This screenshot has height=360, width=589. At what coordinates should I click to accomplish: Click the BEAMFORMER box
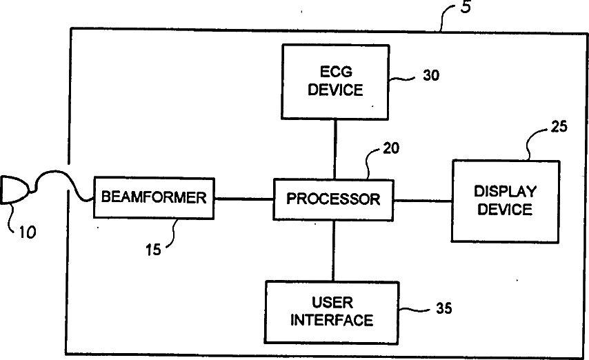tap(154, 198)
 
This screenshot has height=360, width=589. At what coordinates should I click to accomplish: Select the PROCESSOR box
tap(333, 199)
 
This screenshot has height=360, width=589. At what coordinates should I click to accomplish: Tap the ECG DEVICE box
tap(335, 82)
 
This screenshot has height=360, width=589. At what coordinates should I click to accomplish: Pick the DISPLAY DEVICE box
tap(506, 201)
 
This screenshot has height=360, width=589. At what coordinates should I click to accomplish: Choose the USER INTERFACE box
tap(332, 312)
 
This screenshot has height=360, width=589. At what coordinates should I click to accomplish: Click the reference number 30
tap(431, 75)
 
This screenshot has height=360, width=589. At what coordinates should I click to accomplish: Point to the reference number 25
tap(559, 127)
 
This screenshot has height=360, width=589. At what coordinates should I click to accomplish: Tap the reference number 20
tap(391, 148)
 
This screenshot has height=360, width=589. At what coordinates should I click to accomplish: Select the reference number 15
tap(153, 250)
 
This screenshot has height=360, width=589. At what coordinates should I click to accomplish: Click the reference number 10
tap(28, 232)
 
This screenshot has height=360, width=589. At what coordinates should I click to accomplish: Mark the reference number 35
tap(443, 308)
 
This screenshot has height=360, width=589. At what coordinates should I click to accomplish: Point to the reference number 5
tap(466, 7)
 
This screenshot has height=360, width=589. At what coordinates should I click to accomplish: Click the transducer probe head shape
tap(14, 190)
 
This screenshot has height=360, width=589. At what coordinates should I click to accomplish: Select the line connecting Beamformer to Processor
tap(243, 199)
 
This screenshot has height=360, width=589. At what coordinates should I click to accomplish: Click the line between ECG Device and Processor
tap(335, 149)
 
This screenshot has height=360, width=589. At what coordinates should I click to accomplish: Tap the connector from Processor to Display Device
tap(423, 201)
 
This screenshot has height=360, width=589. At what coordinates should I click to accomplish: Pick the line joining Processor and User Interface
tap(334, 250)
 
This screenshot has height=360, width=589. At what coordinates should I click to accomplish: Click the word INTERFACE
tap(332, 320)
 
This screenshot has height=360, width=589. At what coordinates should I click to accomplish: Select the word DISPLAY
tap(506, 192)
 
